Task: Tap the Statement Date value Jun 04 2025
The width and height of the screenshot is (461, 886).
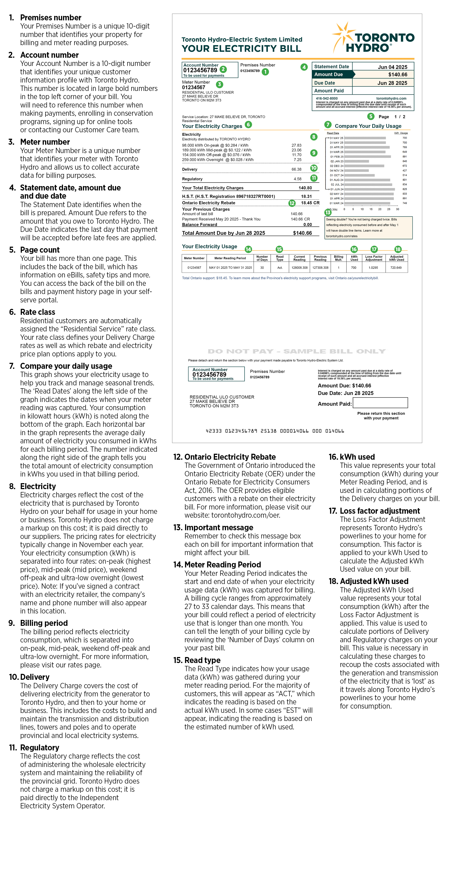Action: click(x=393, y=67)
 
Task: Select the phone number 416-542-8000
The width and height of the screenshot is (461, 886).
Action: click(x=327, y=98)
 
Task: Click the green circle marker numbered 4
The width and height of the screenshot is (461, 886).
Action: click(x=304, y=67)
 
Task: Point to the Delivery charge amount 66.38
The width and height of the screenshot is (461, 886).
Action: click(x=296, y=169)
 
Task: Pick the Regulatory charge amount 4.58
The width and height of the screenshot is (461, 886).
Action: click(x=297, y=179)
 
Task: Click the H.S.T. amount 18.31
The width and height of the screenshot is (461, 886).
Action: click(x=306, y=196)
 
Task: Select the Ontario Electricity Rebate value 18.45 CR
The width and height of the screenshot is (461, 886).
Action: click(x=310, y=203)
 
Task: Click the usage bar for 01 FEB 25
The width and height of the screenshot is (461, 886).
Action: click(x=367, y=156)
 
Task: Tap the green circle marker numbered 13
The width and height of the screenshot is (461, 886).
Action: click(x=328, y=213)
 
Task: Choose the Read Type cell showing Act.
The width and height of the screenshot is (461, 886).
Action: click(x=280, y=268)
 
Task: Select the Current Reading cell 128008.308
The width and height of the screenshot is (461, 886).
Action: click(x=299, y=268)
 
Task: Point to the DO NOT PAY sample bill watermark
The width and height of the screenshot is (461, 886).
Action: click(x=297, y=351)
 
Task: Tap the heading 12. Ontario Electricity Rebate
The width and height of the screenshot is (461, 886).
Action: click(x=224, y=457)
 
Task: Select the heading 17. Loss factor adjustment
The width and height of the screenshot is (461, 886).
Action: click(x=374, y=511)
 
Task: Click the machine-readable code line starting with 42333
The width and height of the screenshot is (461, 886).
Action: click(x=275, y=431)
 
